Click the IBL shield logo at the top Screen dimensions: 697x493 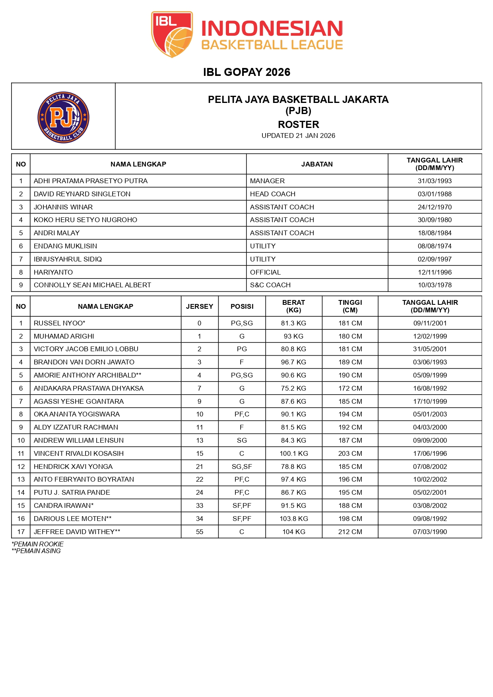172,34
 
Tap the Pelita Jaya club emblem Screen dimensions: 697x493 64,117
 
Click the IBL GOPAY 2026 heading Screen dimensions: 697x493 246,72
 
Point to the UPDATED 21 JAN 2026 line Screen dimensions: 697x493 298,136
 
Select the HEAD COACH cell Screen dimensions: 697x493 273,194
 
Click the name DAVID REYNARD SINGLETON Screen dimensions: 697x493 82,194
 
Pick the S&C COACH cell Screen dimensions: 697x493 270,285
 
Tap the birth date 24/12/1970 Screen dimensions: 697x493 435,207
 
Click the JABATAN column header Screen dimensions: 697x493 317,164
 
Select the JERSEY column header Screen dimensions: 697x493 200,306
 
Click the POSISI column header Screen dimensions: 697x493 242,306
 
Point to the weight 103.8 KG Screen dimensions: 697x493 294,519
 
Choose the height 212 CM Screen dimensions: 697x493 350,532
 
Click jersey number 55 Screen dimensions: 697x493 200,532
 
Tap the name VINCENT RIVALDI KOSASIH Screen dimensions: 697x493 79,453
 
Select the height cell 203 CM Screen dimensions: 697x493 350,453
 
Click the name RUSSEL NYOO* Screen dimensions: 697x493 60,323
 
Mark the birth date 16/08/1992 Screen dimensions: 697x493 430,388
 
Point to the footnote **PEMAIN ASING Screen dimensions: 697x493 36,551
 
